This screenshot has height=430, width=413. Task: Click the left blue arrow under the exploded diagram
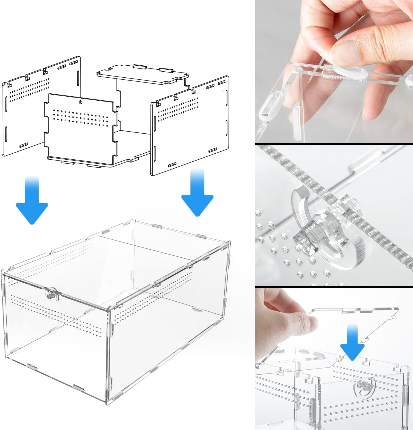click(x=32, y=204)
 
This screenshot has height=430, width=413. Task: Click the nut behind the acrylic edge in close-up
click(x=348, y=202)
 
